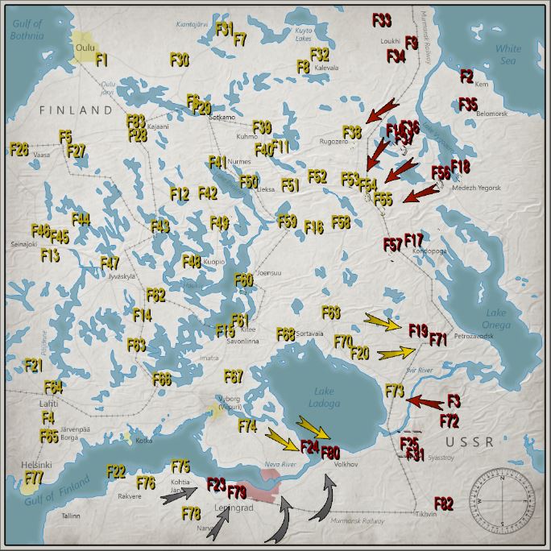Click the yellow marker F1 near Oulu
101,60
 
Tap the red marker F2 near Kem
466,76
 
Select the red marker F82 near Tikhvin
444,504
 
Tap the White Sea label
508,54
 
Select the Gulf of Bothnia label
26,30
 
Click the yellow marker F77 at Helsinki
33,478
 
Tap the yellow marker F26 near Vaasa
19,149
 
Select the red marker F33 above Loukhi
382,19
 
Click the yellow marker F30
180,60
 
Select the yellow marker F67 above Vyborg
233,376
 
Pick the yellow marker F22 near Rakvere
116,470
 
